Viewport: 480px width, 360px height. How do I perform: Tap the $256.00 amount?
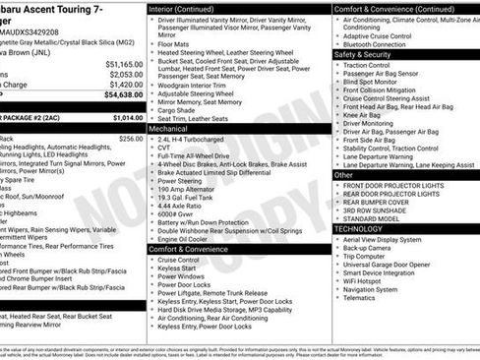point(130,139)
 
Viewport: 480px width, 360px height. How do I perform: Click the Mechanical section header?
point(168,129)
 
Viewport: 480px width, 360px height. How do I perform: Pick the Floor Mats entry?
point(175,43)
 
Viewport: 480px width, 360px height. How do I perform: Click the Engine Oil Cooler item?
point(184,239)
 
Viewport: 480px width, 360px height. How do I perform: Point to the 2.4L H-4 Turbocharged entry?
point(191,139)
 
